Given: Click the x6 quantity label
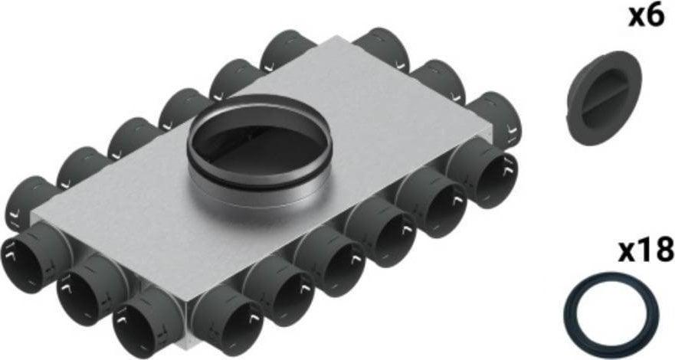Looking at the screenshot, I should pyautogui.click(x=645, y=17).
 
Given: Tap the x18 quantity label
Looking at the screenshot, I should pyautogui.click(x=647, y=250).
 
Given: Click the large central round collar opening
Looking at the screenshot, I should pyautogui.click(x=254, y=141).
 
